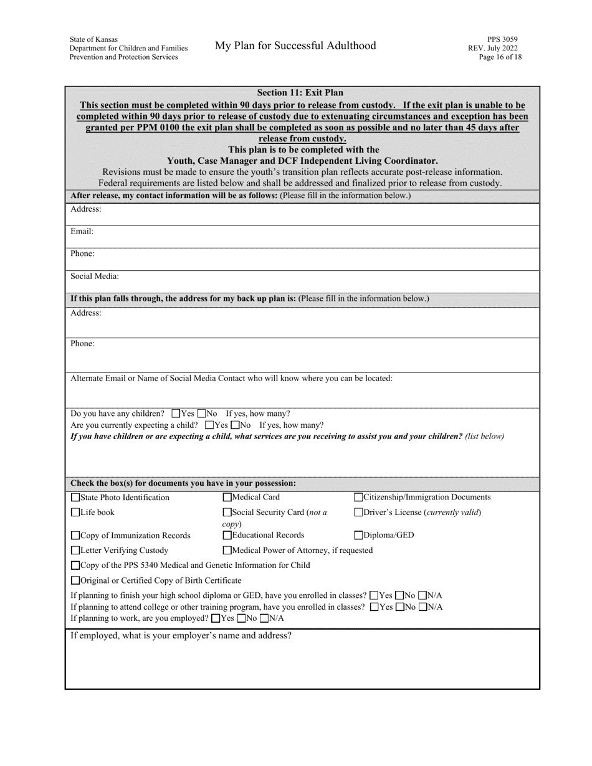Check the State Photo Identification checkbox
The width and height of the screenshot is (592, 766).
coord(75,498)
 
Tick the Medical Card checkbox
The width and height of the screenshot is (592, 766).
coord(227,498)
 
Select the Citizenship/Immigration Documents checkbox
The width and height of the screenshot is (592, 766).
coord(358,498)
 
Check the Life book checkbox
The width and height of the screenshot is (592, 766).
coord(75,513)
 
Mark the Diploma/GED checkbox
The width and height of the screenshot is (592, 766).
coord(358,536)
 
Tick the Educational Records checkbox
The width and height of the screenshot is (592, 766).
coord(227,536)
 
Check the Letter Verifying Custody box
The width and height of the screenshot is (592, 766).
coord(75,551)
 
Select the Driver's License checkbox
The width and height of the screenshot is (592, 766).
coord(358,513)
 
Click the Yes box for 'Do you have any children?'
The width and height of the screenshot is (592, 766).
coord(176,414)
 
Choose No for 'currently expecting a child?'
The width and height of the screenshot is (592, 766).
coord(235,425)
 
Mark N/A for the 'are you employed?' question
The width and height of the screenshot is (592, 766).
coord(264,618)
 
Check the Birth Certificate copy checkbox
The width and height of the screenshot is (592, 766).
coord(75,581)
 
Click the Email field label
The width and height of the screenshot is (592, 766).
coord(82,231)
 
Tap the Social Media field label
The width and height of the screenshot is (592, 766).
coord(94,276)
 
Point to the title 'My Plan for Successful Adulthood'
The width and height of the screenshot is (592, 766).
coord(295,45)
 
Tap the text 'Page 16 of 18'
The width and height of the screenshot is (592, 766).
coord(500,57)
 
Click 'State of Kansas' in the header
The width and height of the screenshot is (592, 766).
coord(93,39)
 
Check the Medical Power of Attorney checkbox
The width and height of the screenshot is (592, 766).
coord(227,551)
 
